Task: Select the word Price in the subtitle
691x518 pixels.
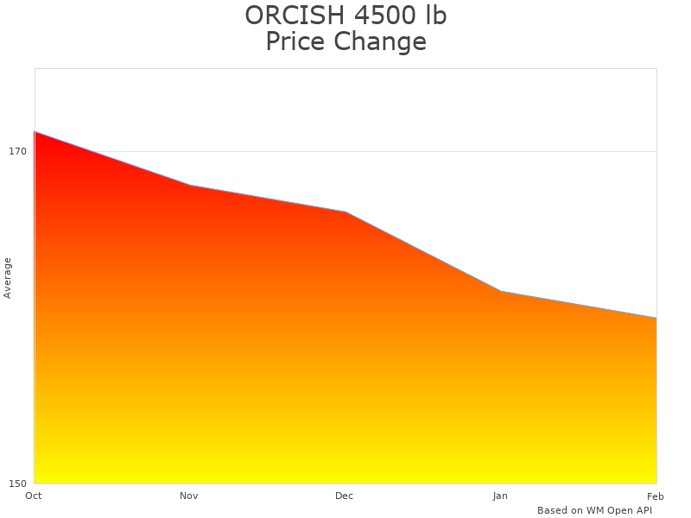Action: pyautogui.click(x=298, y=41)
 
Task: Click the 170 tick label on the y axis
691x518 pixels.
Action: pyautogui.click(x=17, y=151)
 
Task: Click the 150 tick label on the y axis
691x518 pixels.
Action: pyautogui.click(x=17, y=483)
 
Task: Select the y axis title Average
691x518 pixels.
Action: pyautogui.click(x=8, y=277)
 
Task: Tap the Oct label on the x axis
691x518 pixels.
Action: pyautogui.click(x=34, y=496)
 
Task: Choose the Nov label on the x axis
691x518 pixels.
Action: pyautogui.click(x=189, y=496)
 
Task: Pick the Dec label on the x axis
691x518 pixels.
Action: pyautogui.click(x=345, y=496)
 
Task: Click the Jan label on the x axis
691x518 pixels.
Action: pyautogui.click(x=500, y=496)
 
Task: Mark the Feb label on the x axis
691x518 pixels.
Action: pyautogui.click(x=656, y=496)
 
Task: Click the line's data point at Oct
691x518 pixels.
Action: pyautogui.click(x=35, y=132)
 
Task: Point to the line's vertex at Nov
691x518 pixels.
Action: pyautogui.click(x=190, y=185)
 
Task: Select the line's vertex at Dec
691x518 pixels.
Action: pyautogui.click(x=345, y=212)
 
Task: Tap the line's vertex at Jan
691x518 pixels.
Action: pyautogui.click(x=501, y=291)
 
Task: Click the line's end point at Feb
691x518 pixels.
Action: pyautogui.click(x=656, y=318)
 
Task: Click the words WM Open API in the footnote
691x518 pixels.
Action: pyautogui.click(x=618, y=510)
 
